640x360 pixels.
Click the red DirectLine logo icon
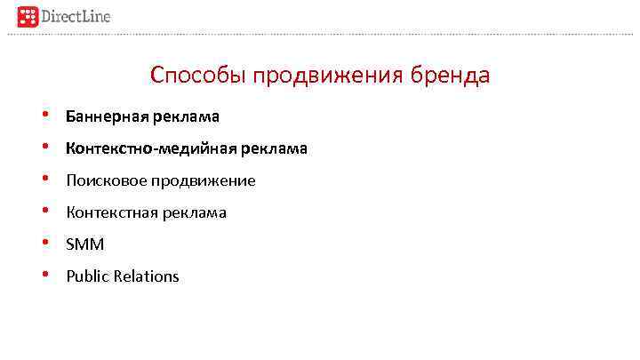tap(29, 15)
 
